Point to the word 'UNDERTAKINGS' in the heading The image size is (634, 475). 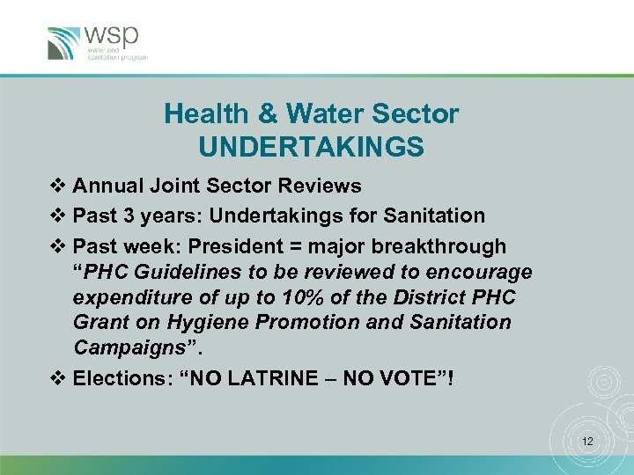311,147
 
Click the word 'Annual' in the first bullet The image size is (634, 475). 108,186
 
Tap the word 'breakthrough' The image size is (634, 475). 451,246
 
